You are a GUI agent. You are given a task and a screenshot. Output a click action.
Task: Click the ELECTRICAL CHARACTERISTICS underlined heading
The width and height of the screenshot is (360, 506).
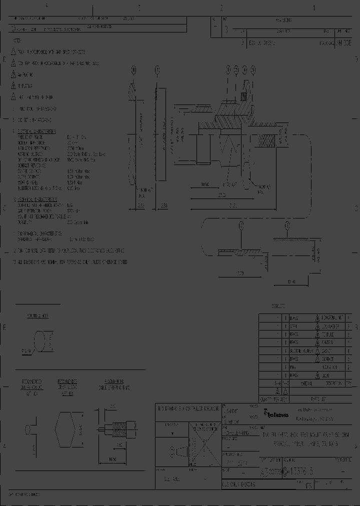pyautogui.click(x=37, y=131)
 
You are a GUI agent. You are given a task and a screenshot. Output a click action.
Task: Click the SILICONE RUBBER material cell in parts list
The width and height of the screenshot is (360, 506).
pyautogui.click(x=301, y=351)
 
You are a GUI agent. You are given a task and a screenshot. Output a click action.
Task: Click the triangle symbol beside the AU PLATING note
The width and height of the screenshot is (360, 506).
pyautogui.click(x=14, y=74)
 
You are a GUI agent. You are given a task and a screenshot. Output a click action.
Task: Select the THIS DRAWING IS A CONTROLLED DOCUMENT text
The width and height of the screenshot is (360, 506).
pyautogui.click(x=188, y=408)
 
